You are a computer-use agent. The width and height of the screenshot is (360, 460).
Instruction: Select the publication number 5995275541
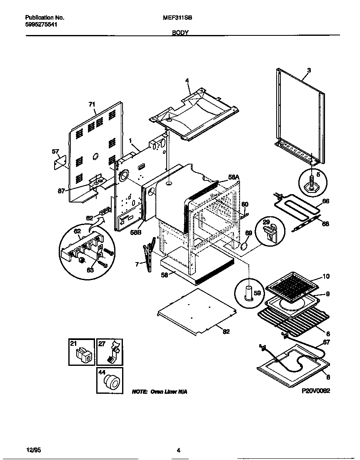point(41,25)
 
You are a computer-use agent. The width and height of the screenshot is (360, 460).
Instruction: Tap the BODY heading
point(181,32)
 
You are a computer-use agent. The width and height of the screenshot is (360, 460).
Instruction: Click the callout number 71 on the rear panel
point(92,104)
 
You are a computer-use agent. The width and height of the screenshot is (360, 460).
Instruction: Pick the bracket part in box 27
point(112,353)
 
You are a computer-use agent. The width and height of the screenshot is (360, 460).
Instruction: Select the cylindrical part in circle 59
point(248,293)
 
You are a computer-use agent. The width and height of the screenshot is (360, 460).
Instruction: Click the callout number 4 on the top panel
point(187,80)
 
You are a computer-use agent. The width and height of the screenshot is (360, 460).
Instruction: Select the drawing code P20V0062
point(316,392)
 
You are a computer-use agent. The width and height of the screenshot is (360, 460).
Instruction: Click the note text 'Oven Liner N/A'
point(160,392)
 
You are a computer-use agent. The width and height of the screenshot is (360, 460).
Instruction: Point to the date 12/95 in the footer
point(35,450)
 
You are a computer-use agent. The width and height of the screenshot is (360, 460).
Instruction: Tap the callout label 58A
point(234,177)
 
